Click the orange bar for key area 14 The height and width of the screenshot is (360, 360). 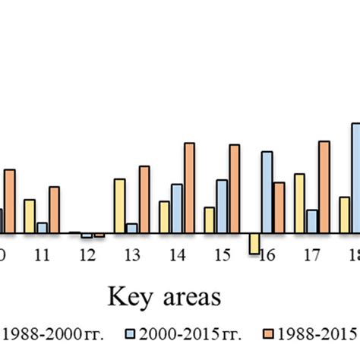pos(189,188)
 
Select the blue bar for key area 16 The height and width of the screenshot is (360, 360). pos(267,192)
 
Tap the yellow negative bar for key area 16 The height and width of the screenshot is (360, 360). pos(254,242)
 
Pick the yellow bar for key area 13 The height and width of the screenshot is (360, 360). pos(119,206)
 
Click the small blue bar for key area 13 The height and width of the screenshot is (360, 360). pos(131,228)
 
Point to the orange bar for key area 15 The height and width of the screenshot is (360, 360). pos(234,188)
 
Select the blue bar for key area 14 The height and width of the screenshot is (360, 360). pos(176,208)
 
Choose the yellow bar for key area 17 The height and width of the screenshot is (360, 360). pos(299,203)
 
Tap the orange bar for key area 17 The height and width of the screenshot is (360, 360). pos(324,187)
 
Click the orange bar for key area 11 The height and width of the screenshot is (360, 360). pos(54,210)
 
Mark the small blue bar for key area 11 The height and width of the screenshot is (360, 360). pos(42,227)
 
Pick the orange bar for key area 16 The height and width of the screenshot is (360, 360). pos(279,207)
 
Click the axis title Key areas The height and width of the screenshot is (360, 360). pos(157,295)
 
